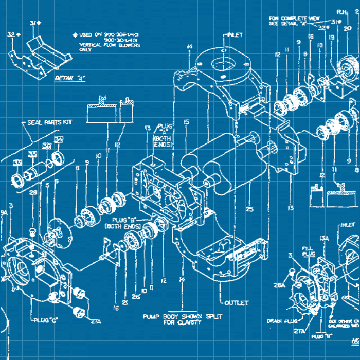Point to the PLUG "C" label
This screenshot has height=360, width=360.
46,320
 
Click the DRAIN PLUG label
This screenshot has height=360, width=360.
281,321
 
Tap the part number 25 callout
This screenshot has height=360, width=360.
249,209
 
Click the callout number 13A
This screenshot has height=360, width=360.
325,238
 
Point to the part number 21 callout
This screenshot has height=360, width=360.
125,303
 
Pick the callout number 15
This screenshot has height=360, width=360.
186,122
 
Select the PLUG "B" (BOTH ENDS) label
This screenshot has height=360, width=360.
123,223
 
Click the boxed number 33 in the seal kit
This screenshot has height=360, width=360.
17,163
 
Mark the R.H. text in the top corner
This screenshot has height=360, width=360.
343,11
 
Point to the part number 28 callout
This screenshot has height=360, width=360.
33,193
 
